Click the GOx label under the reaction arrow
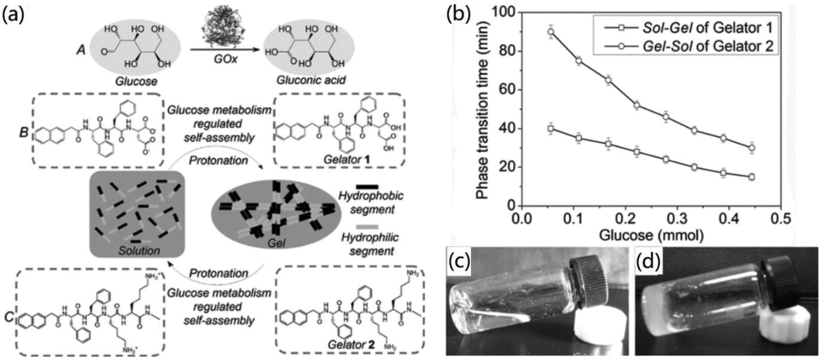[x=225, y=59]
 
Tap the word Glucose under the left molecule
[x=136, y=82]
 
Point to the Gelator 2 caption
[x=351, y=344]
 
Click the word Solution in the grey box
[x=139, y=251]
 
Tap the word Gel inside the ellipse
[x=276, y=243]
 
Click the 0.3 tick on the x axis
[x=677, y=219]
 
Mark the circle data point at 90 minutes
[x=551, y=32]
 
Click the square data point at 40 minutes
[x=551, y=128]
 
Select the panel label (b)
[x=458, y=14]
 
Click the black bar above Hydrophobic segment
[x=367, y=187]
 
